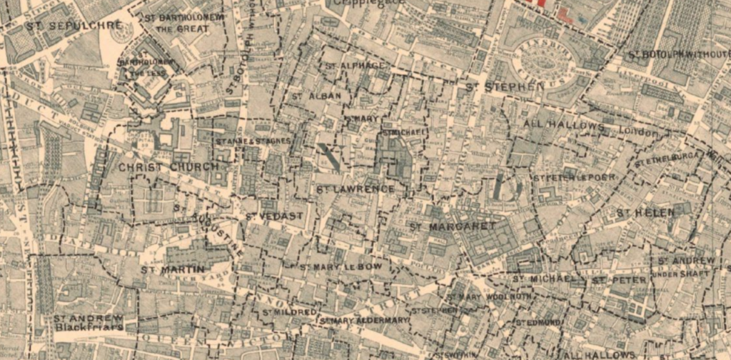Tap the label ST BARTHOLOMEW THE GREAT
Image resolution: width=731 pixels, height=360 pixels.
tap(183, 23)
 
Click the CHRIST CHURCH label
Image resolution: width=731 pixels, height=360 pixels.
tap(168, 167)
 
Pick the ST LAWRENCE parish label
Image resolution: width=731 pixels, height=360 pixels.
tap(355, 189)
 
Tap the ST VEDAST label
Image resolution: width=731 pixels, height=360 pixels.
tap(274, 216)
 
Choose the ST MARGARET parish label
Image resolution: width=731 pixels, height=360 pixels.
tap(452, 226)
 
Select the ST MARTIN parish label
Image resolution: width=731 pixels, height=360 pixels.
tap(163, 270)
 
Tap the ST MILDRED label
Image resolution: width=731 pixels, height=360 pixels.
tap(288, 313)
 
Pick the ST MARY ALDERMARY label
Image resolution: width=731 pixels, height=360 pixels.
tap(364, 321)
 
